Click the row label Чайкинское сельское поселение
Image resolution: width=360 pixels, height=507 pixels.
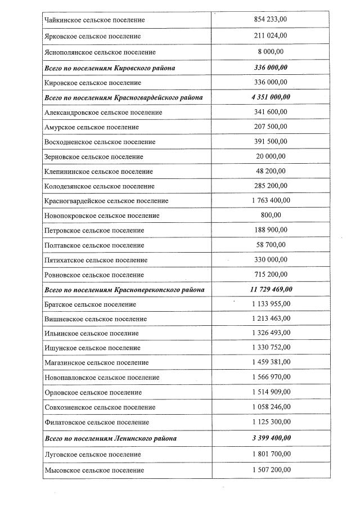coord(94,20)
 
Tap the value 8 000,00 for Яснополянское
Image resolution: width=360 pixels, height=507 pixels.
coord(271,52)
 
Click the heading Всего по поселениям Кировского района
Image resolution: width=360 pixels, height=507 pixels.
coord(110,68)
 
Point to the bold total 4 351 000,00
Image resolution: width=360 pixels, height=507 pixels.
coord(271,97)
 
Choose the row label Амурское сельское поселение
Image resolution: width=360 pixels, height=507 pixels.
coord(92,127)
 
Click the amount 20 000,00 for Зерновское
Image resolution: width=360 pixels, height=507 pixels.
coord(271,156)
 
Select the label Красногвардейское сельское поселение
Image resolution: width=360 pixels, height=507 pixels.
coord(106,201)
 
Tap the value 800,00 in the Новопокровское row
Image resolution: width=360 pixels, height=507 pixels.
coord(271,215)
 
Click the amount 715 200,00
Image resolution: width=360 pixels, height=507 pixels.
coord(271,274)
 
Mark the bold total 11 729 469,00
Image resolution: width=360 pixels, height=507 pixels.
coord(271,289)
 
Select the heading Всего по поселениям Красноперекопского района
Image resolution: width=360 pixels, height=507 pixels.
coord(124,290)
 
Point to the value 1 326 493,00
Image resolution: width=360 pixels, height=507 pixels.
coord(271,333)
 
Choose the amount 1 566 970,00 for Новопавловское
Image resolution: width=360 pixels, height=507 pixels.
coord(271,377)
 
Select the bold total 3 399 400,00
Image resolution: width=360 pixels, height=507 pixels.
coord(271,438)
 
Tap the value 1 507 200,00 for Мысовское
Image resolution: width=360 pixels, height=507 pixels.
coord(271,469)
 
